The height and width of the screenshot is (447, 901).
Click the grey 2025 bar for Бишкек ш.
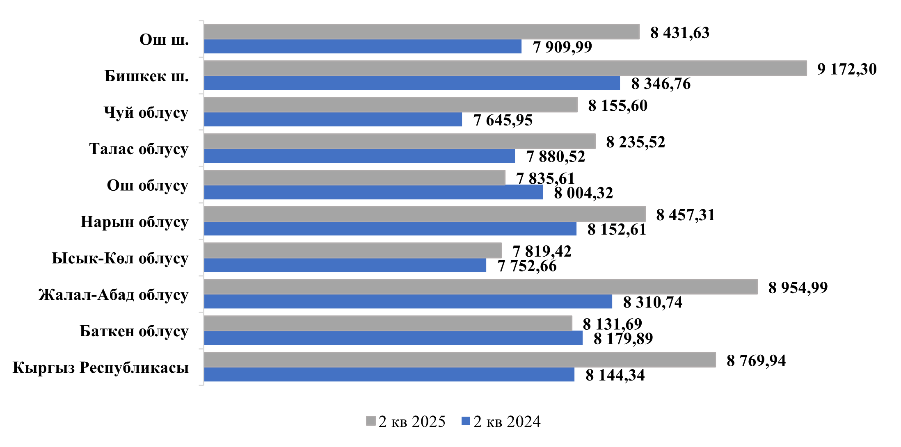[505, 68]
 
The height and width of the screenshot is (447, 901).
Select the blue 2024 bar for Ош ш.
[363, 47]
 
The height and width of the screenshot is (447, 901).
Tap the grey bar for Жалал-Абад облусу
[480, 287]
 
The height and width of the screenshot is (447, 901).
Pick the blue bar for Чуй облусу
[333, 120]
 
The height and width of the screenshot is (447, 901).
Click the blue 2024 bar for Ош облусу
[373, 192]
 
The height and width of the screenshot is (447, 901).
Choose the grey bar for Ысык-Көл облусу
[352, 251]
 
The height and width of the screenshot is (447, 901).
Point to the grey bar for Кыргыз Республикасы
[460, 360]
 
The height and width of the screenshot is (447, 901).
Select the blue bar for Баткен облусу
[393, 338]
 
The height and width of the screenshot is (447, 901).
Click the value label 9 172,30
[847, 69]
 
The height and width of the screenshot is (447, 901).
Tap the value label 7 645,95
[503, 120]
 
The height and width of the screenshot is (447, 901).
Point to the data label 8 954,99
[798, 288]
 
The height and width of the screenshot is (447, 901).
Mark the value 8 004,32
[583, 193]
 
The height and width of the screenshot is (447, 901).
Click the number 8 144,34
[615, 375]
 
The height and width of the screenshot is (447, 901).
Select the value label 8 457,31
[685, 215]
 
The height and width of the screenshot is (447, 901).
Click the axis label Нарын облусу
[134, 222]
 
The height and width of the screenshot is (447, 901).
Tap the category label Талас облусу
[138, 149]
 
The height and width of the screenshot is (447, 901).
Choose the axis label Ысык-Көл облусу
[120, 258]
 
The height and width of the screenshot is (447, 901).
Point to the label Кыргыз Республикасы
[101, 367]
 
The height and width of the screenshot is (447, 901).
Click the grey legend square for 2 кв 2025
[370, 421]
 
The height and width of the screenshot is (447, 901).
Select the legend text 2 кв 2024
[507, 422]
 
